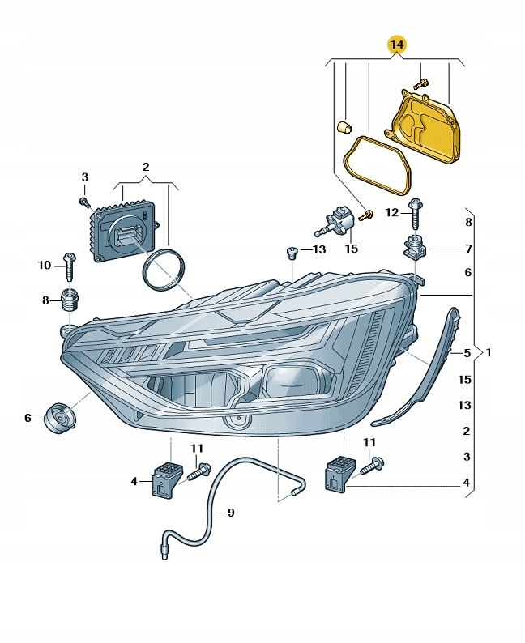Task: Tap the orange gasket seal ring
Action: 374,165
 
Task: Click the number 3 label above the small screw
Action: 84,177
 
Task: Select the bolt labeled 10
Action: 69,265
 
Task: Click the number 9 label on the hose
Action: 231,512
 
